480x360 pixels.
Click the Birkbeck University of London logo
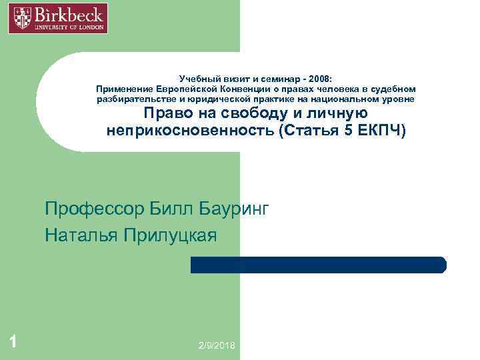(58, 18)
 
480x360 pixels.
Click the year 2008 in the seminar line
(328, 77)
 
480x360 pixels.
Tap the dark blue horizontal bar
(318, 265)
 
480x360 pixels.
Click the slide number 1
(13, 343)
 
